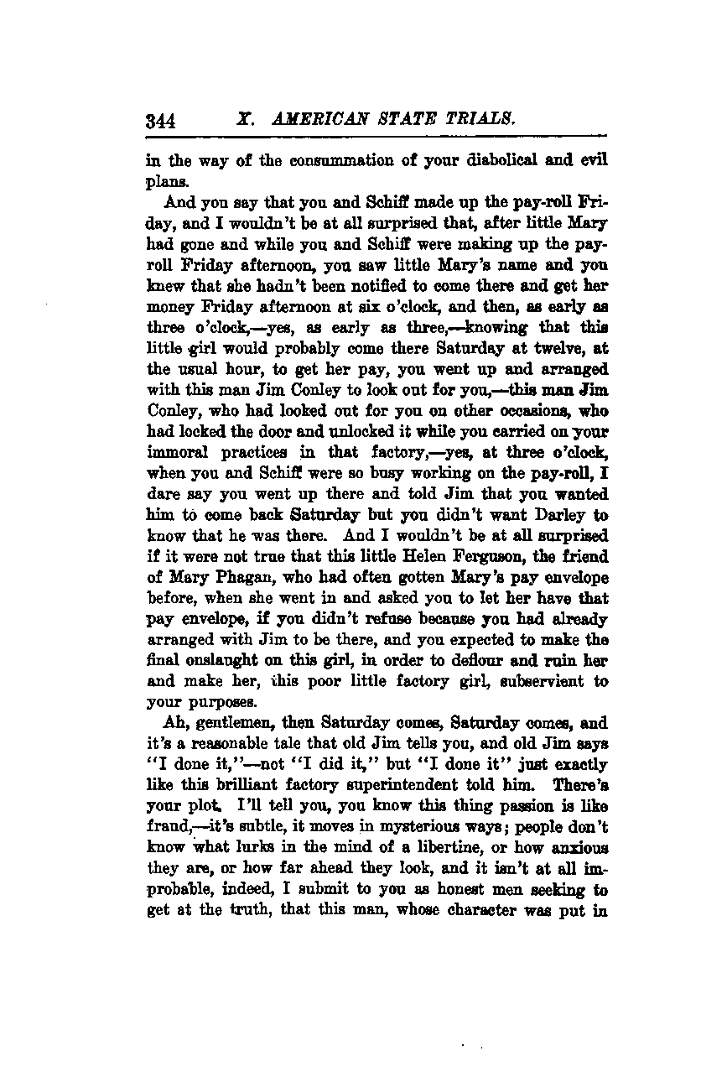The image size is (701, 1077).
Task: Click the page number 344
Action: tap(159, 120)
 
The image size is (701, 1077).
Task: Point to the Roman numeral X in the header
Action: tap(245, 119)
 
